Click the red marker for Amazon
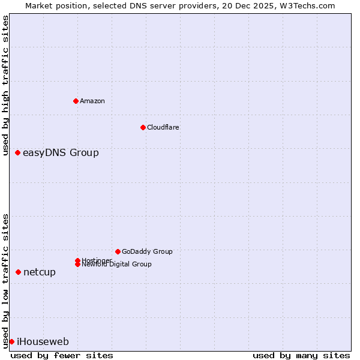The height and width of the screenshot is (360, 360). coord(76,101)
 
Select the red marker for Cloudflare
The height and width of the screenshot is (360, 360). coord(143,127)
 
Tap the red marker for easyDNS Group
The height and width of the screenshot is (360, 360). coord(18,152)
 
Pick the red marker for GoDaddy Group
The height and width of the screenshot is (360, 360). coord(118,251)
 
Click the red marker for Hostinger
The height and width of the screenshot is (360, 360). coord(78,260)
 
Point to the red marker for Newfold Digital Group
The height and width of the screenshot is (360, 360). coord(78,264)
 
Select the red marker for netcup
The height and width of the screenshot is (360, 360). coord(18,272)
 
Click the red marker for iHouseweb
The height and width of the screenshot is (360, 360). coord(11,341)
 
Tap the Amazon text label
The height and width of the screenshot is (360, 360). coord(92,101)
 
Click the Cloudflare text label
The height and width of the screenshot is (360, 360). coord(163,127)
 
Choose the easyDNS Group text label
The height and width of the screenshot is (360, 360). coord(61,152)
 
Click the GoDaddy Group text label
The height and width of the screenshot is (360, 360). coord(147,251)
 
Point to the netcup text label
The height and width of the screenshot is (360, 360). coord(40,272)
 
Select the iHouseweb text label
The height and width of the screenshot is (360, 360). coord(43,341)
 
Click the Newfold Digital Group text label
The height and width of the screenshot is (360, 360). coord(116,265)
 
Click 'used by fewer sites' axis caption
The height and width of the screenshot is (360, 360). coord(62,355)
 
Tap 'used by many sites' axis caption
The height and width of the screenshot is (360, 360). coord(301,355)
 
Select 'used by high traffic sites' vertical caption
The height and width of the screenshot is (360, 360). coord(5,86)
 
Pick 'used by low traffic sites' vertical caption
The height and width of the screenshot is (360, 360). coord(5,280)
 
